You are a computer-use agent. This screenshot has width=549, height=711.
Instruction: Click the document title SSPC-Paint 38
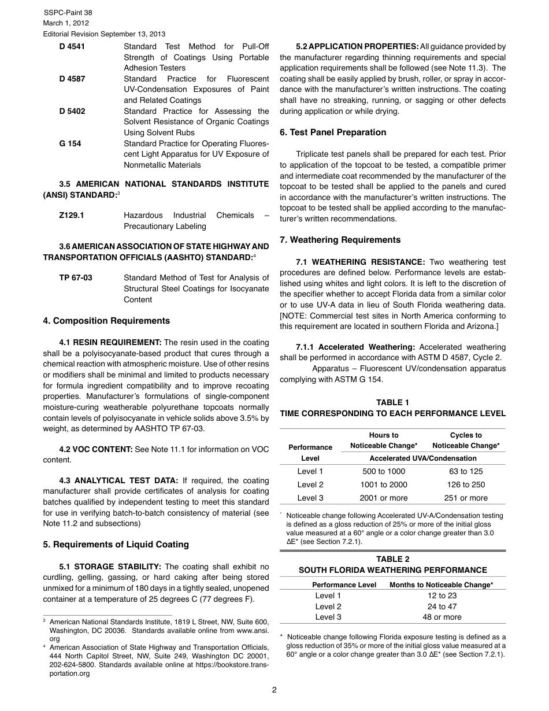tap(68, 13)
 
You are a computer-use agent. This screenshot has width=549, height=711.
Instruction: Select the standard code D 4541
tap(72, 47)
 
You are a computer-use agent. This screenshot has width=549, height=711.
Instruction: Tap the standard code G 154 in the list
tap(70, 143)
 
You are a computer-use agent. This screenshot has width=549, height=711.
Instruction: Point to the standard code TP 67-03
tap(76, 278)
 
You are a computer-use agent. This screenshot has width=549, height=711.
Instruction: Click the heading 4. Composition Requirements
tap(106, 321)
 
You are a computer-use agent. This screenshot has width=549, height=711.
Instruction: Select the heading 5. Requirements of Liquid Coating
tap(116, 545)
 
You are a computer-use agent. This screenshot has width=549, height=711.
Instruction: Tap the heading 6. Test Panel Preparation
tap(333, 132)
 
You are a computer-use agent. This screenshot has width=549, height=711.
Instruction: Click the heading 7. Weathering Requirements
tap(340, 240)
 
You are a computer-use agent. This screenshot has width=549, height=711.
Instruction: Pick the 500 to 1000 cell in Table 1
tap(384, 472)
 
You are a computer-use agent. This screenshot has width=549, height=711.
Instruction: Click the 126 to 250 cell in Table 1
tap(466, 485)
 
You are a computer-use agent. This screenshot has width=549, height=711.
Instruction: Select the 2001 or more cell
tap(384, 498)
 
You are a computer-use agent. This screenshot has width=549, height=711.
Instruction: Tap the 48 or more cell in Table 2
tap(442, 617)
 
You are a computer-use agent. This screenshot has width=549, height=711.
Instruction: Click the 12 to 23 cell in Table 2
tap(442, 596)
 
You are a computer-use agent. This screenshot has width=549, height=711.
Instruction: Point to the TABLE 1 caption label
tap(392, 403)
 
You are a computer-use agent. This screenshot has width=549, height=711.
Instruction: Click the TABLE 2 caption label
tap(392, 559)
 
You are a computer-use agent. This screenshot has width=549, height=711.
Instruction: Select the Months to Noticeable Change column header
tap(441, 585)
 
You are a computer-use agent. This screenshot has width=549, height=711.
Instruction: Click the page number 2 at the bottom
tap(274, 690)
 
